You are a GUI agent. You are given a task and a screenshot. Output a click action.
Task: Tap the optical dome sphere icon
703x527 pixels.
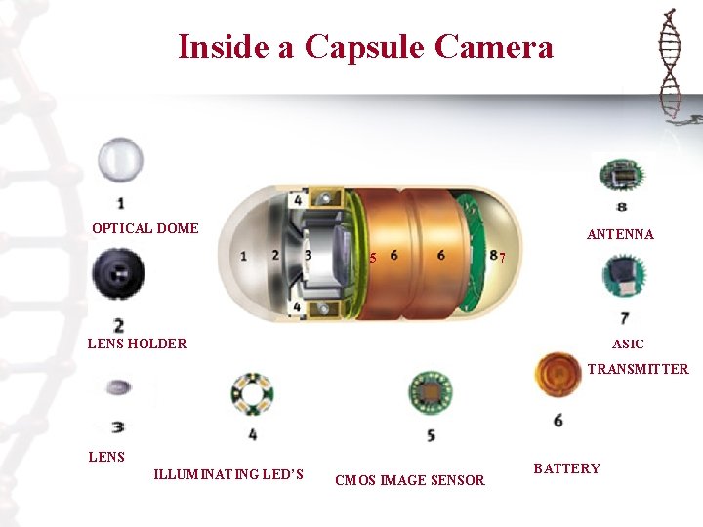[120, 160]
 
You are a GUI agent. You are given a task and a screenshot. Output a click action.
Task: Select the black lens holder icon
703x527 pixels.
[118, 273]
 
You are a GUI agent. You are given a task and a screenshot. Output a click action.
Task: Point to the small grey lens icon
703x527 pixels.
[118, 387]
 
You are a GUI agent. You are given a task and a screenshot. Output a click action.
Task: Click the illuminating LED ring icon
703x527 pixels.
[253, 394]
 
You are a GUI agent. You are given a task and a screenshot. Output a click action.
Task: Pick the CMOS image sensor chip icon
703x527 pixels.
[431, 393]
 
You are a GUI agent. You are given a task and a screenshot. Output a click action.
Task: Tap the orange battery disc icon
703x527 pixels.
[558, 375]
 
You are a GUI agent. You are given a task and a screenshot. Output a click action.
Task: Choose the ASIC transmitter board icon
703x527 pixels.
[624, 275]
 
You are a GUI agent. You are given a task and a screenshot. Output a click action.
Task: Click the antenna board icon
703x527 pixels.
[622, 176]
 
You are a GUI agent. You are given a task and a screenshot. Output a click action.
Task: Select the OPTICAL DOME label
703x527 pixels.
[145, 228]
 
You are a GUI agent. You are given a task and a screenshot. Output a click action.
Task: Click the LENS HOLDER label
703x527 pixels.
[138, 344]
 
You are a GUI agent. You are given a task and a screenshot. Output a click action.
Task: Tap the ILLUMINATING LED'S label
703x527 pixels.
[228, 474]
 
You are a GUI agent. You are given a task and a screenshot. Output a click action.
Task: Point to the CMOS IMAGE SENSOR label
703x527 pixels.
[410, 480]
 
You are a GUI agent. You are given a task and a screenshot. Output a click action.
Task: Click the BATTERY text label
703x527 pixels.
[566, 468]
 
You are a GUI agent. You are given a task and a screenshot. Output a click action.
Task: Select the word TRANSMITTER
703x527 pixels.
[638, 369]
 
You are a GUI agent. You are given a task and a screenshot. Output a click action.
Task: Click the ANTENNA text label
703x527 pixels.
[620, 234]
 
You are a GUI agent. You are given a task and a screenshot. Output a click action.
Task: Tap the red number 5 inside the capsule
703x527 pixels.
[373, 258]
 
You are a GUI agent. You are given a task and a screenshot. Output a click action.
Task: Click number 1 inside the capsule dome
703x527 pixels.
[243, 256]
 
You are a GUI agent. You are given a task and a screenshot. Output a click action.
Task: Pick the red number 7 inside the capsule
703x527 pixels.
[502, 258]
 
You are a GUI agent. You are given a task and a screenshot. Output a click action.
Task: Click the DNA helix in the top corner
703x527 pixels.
[670, 62]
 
